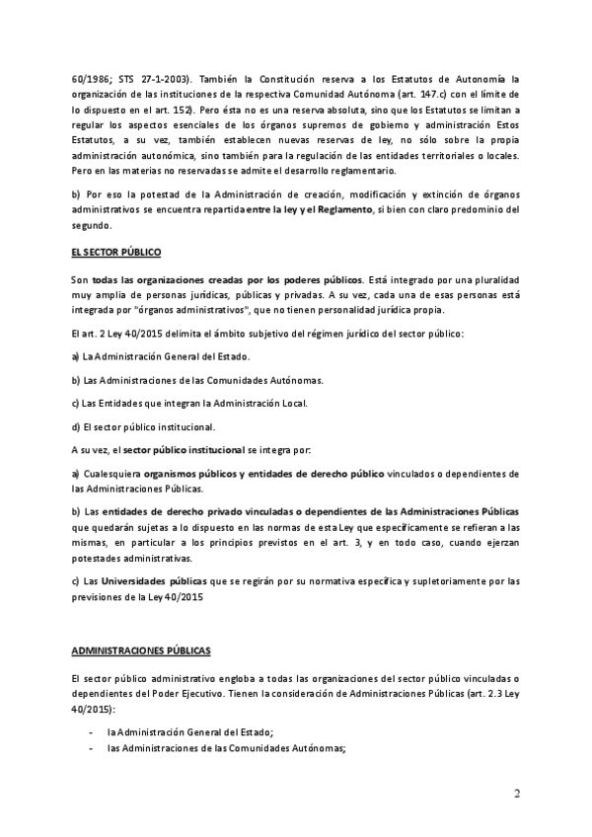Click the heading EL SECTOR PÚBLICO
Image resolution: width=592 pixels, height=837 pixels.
click(x=117, y=254)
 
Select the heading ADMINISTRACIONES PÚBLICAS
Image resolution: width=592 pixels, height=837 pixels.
click(x=140, y=652)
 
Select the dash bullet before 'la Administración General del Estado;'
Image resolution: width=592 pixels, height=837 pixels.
click(x=92, y=730)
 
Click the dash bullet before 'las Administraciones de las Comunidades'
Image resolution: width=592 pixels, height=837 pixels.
click(x=92, y=747)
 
